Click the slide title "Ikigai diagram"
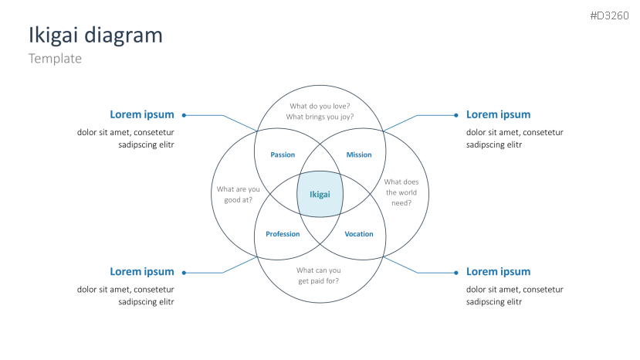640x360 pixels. pos(96,36)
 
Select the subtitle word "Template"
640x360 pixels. pos(55,59)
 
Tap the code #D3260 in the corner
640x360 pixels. pos(609,15)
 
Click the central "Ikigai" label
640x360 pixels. pos(320,195)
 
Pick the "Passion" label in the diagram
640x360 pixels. pos(283,155)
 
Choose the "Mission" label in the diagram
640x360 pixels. pos(359,155)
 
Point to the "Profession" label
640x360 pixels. pos(283,234)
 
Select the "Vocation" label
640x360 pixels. pos(359,234)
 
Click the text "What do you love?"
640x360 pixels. pos(320,107)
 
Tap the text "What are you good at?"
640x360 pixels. pos(238,195)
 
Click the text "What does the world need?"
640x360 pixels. pos(401,192)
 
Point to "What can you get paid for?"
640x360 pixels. pos(318,276)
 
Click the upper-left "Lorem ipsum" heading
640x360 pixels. pos(142,115)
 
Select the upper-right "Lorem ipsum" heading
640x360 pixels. pos(499,115)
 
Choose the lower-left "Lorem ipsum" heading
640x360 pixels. pos(142,272)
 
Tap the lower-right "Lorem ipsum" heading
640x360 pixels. pos(499,272)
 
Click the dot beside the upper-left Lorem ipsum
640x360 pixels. pos(184,115)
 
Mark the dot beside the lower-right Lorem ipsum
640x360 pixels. pos(456,273)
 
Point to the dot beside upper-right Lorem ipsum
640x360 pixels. pos(456,115)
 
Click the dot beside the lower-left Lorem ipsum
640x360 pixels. pos(184,273)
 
